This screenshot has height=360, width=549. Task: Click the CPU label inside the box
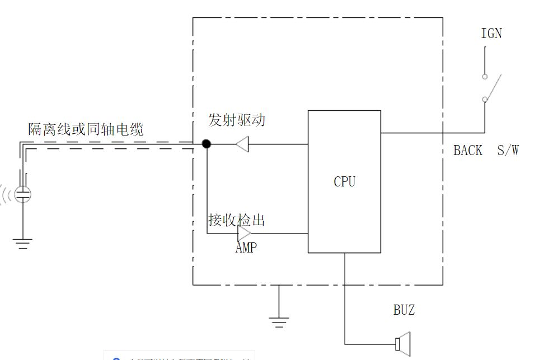pos(344,181)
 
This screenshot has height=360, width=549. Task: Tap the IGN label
pos(491,34)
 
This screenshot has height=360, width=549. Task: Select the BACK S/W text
pos(486,150)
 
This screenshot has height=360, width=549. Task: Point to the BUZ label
pos(403,310)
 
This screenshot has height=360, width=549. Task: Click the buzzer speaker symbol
pos(402,343)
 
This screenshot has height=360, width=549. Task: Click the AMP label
pos(246,247)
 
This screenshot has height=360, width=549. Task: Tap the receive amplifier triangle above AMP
pos(244,233)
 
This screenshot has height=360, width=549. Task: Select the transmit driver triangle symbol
pos(241,144)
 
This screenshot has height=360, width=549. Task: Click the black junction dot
pos(207,144)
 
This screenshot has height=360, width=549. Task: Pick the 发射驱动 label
pos(236,120)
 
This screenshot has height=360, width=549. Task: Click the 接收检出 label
pos(236,220)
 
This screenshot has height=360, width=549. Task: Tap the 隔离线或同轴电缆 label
pos(86,130)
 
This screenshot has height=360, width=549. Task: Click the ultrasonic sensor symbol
pos(23,194)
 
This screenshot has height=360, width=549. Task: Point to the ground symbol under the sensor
pos(23,243)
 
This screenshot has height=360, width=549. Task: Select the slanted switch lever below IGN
pos(493,87)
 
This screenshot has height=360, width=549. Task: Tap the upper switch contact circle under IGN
pos(485,77)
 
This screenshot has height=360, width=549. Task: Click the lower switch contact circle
pos(485,100)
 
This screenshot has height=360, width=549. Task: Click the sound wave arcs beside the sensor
pos(7,194)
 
